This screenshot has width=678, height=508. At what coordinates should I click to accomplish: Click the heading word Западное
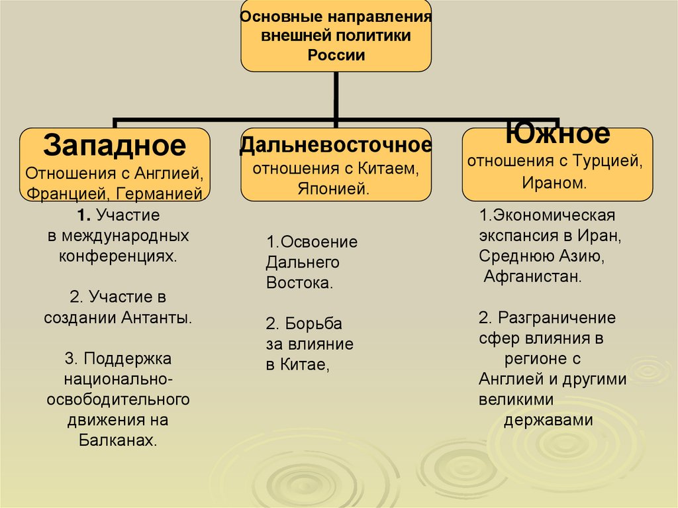tap(115, 144)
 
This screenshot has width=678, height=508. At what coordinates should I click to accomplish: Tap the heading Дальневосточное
tap(336, 144)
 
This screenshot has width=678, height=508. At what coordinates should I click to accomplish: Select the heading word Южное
tap(557, 134)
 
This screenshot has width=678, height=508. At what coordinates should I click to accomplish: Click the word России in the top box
tap(336, 55)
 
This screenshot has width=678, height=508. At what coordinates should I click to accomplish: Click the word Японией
tap(336, 189)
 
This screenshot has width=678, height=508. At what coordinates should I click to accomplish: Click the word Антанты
tap(157, 317)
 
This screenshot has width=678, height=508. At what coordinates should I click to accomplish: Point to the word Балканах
tap(118, 440)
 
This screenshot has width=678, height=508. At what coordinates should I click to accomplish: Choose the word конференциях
tap(118, 256)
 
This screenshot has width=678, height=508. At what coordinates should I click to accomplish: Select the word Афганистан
tap(533, 276)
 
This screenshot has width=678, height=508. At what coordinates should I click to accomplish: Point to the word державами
tap(548, 421)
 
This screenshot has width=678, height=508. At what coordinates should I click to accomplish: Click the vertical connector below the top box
tap(336, 96)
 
